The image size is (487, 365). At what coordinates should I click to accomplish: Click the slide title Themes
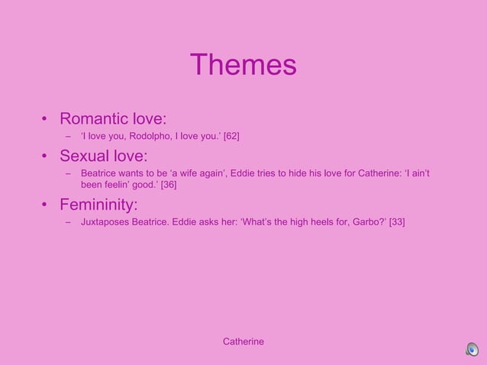(x=243, y=64)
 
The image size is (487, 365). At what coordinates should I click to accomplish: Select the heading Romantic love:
(x=113, y=119)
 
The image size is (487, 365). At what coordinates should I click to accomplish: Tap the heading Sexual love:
(x=103, y=157)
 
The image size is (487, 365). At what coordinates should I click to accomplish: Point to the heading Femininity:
(x=98, y=205)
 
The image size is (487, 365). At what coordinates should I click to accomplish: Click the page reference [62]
(x=231, y=137)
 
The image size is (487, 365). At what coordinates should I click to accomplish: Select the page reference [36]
(x=169, y=185)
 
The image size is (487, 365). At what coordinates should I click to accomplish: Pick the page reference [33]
(x=397, y=222)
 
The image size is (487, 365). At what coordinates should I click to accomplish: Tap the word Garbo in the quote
(x=362, y=222)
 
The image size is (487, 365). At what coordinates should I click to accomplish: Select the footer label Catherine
(x=243, y=341)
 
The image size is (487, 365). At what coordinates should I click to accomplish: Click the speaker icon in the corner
(x=472, y=350)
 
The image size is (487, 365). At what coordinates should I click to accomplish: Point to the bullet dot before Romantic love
(x=45, y=120)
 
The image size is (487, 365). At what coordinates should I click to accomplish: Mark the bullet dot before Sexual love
(x=45, y=157)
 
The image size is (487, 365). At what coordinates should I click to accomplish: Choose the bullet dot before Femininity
(x=45, y=205)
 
